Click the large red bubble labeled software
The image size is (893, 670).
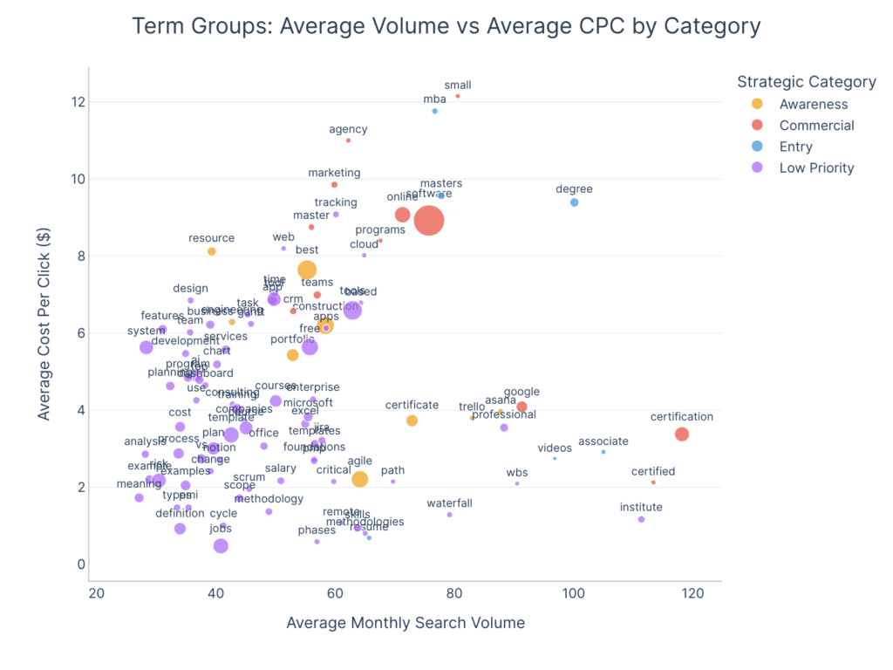point(428,221)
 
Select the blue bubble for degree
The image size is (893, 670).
point(574,202)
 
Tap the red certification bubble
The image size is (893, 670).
point(682,434)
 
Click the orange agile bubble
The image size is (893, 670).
point(359,479)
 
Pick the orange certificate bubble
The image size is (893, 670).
point(412,420)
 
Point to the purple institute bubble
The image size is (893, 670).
point(641,519)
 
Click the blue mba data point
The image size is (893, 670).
point(434,111)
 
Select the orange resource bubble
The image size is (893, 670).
point(212,251)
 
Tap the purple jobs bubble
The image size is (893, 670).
point(221,546)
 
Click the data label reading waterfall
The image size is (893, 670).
point(449,503)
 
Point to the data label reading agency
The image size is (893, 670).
point(348,130)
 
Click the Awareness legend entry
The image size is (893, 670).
point(813,105)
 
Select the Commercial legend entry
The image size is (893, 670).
point(816,126)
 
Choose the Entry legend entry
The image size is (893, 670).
point(795,147)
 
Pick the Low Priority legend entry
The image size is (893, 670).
point(816,167)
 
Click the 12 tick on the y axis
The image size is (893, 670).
point(78,102)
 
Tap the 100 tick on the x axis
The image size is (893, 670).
point(573,594)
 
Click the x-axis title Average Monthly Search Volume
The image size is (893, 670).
point(406,622)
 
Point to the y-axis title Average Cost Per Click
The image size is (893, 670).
point(44,325)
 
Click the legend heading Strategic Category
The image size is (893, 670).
point(806,82)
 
